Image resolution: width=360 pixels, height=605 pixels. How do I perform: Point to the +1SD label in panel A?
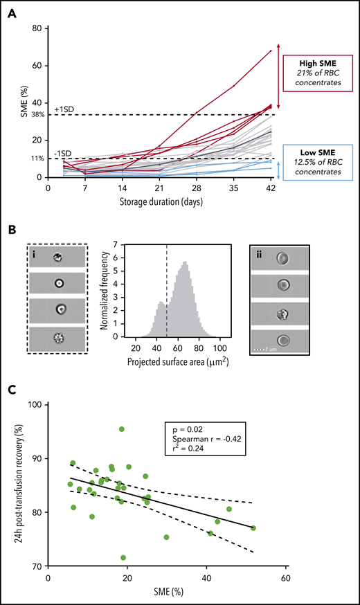pos(62,109)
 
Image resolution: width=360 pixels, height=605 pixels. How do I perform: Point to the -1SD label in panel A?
pos(61,153)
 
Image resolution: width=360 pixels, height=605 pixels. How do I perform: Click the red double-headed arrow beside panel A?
pos(278,76)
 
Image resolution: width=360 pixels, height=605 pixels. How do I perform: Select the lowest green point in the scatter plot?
pos(123,557)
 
